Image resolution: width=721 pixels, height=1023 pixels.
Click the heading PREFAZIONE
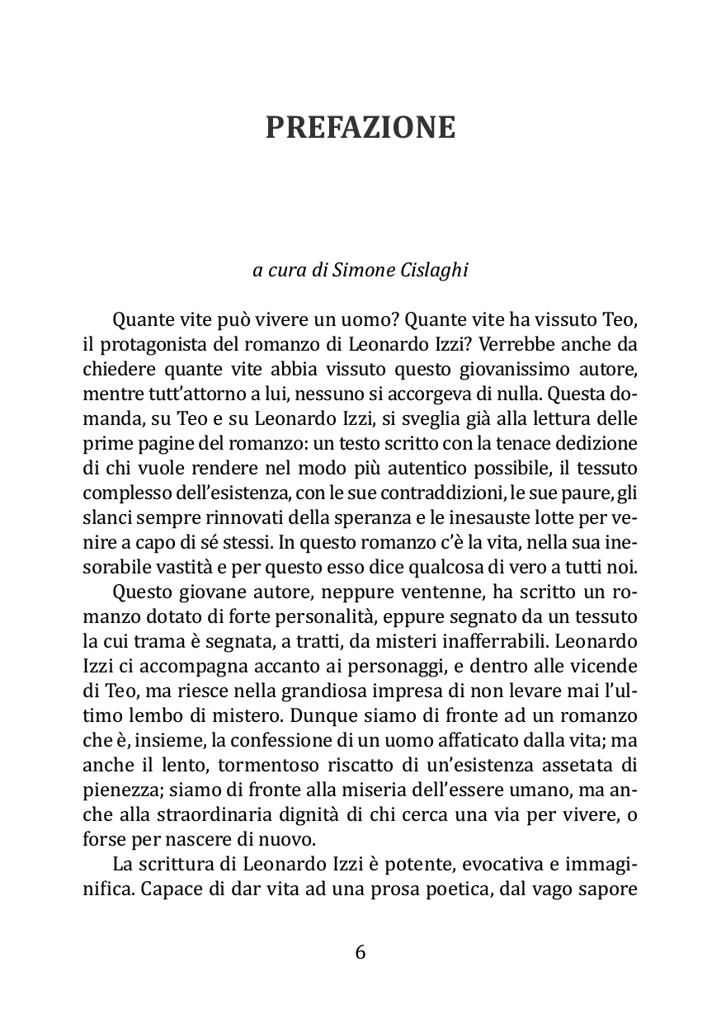coord(360,128)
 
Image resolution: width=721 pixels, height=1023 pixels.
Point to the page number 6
coord(360,952)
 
